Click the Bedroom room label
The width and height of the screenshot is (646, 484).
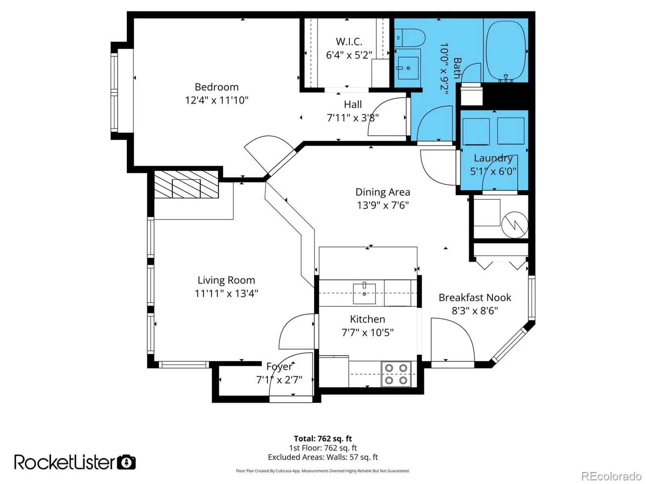[x=216, y=87]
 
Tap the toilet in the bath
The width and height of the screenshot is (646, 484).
[x=409, y=38]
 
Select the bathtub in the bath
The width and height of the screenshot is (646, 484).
[x=505, y=51]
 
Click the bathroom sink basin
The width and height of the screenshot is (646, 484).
[x=408, y=68]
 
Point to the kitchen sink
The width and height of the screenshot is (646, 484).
[x=364, y=293]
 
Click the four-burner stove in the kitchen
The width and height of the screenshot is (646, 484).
[x=396, y=374]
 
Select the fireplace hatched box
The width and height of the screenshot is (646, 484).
[x=186, y=184]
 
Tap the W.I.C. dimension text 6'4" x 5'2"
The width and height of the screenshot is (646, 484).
[x=349, y=55]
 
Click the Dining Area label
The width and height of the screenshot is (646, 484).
[x=383, y=192]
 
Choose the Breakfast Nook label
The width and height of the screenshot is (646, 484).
[x=475, y=298]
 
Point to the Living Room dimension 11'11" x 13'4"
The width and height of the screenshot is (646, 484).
[x=227, y=293]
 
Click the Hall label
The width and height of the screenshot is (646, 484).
[x=352, y=105]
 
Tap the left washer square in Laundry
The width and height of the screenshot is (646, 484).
[x=476, y=132]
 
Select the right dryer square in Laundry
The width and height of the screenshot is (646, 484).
[x=511, y=131]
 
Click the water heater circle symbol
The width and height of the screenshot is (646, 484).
[x=514, y=225]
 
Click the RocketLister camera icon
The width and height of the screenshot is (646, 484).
[x=126, y=462]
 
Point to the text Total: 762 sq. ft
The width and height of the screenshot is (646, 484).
[x=323, y=439]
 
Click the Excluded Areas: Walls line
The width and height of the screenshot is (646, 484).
[x=323, y=457]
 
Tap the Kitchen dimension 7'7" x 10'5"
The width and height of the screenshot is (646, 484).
[x=367, y=333]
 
